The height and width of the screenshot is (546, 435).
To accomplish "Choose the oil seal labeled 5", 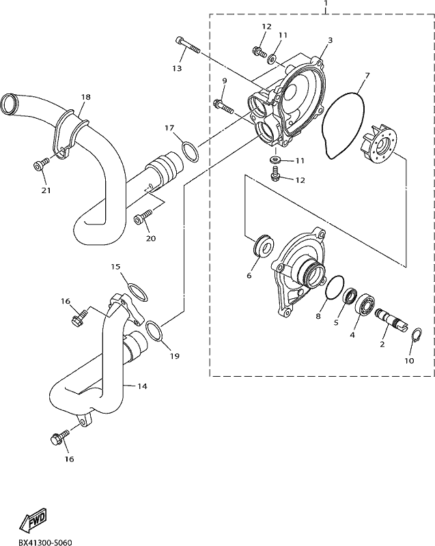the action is coord(350,296).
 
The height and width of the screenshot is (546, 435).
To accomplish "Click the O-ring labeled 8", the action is coord(335,287).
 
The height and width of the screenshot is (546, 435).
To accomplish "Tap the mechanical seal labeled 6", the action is coord(263,247).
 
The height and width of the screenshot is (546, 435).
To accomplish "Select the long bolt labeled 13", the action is coord(188,46).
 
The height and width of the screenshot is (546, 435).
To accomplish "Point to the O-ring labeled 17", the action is coord(190,152).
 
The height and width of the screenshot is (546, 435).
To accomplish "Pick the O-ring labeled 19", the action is coord(153,331).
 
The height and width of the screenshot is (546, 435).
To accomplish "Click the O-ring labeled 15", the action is coord(137,292).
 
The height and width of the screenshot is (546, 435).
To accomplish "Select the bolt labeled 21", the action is coord(40,164).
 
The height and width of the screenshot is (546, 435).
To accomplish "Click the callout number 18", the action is coord(85,97).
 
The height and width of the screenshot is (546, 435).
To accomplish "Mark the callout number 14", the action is coord(142,386).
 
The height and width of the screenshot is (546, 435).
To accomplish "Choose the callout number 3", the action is coord(330,40).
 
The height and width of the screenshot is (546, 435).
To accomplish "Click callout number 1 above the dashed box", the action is coord(326,3).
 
